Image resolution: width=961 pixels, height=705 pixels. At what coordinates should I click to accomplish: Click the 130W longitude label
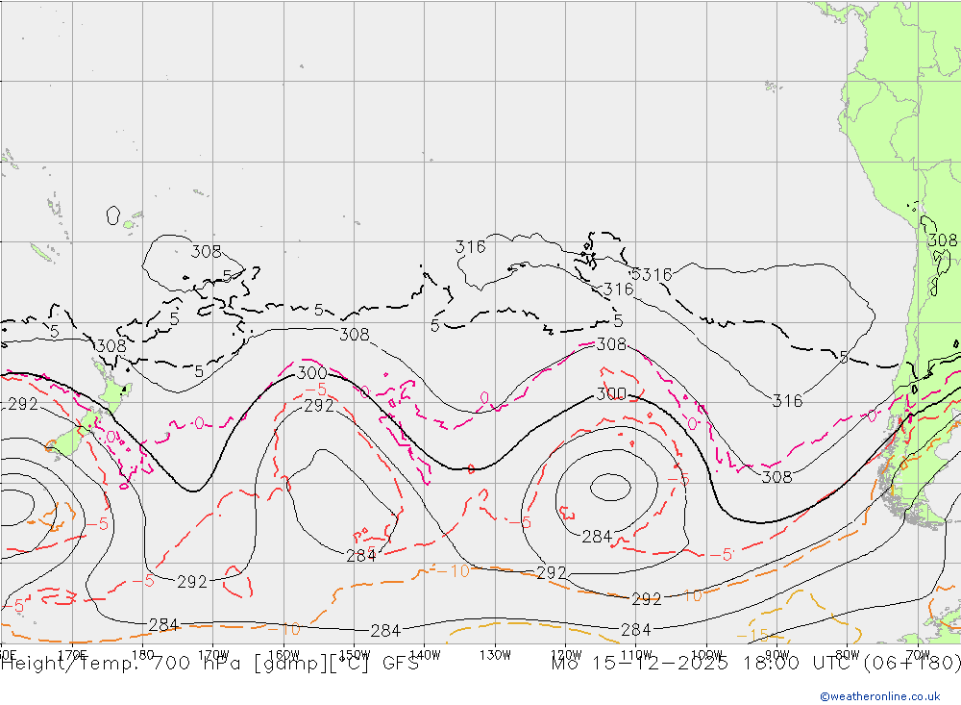[x=495, y=654]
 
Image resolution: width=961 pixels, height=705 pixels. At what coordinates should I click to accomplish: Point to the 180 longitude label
[x=143, y=654]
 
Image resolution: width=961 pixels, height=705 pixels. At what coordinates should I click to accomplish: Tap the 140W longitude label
[x=424, y=654]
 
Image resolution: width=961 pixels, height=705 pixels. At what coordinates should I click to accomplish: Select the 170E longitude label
[x=73, y=654]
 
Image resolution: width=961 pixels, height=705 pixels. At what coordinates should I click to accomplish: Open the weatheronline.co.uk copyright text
[x=880, y=696]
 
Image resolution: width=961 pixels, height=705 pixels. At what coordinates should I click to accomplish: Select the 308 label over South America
[x=942, y=240]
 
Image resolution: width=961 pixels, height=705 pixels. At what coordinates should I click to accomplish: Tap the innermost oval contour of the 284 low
[x=609, y=488]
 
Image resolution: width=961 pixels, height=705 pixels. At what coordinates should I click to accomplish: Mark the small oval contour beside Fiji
[x=113, y=215]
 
